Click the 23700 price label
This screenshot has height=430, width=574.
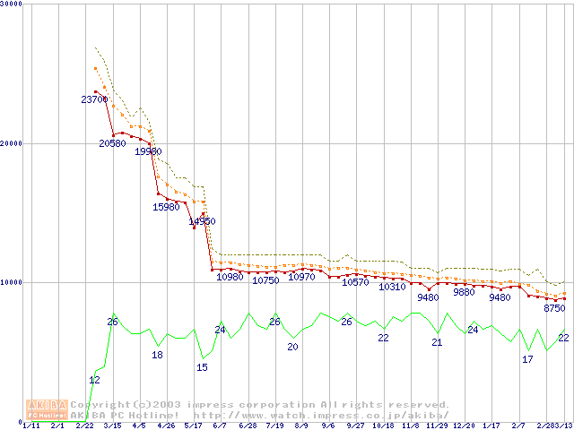tap(94, 99)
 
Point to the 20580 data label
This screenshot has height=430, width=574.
tap(112, 143)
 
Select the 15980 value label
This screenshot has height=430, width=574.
tap(166, 207)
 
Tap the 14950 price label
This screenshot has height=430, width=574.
tap(202, 221)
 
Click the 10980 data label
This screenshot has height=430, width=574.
tap(230, 277)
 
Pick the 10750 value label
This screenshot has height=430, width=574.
tap(265, 280)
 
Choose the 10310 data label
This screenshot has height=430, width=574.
tap(392, 287)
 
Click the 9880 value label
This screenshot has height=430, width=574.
tap(464, 292)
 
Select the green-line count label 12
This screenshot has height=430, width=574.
tap(94, 380)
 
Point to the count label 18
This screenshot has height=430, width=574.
tap(157, 355)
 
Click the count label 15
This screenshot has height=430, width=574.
tap(202, 367)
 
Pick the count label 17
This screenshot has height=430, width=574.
tap(527, 359)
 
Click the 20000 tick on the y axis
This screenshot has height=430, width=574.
tap(13, 143)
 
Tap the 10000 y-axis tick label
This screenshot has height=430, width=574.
tap(13, 282)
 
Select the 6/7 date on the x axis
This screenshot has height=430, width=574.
tap(221, 426)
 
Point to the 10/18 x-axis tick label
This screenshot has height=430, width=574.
tap(383, 426)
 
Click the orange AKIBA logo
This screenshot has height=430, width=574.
tap(46, 410)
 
